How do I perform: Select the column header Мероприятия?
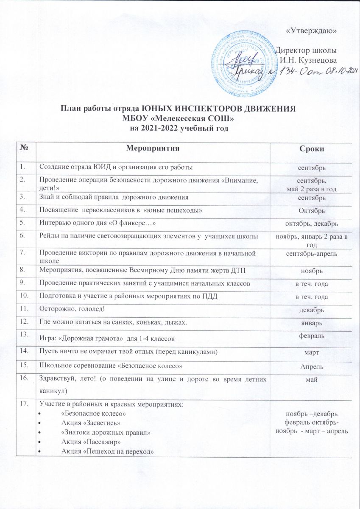coord(153,148)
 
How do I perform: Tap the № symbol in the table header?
coord(24,148)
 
